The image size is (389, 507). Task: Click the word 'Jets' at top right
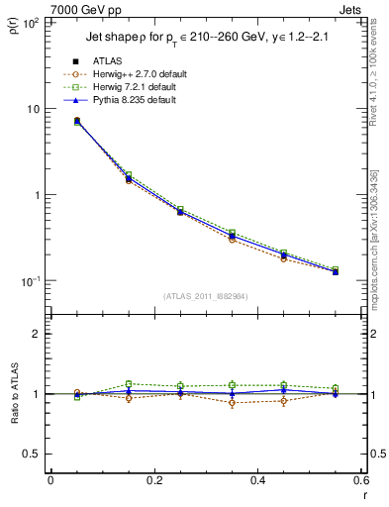click(351, 9)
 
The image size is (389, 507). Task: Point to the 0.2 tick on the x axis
click(153, 481)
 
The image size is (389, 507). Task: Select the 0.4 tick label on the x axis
click(257, 481)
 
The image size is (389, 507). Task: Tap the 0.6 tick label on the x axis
click(360, 481)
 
